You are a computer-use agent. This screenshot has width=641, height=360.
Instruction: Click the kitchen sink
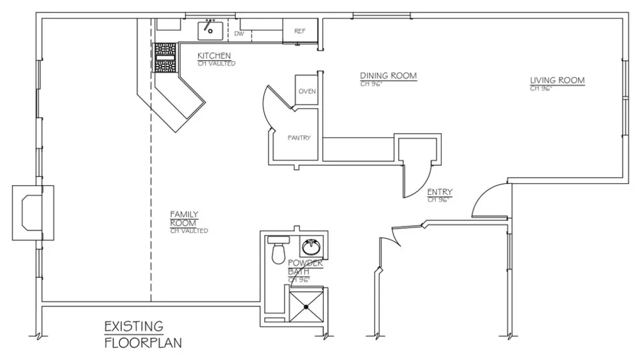point(210,31)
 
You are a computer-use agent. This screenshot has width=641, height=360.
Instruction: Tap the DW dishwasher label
point(239,33)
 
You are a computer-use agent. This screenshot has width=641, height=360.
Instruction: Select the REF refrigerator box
point(299,30)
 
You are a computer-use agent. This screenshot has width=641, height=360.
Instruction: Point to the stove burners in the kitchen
point(165,58)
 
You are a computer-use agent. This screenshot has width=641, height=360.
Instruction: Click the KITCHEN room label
point(214,56)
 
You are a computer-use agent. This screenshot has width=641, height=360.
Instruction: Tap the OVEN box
point(306,90)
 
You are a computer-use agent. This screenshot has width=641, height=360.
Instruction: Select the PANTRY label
point(299,138)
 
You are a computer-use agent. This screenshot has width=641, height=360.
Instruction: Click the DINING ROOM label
point(388,76)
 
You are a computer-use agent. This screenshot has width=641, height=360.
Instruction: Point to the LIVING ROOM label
point(557,80)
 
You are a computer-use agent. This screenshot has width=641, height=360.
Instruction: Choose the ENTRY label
point(440,192)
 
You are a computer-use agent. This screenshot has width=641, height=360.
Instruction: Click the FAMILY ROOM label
point(184,218)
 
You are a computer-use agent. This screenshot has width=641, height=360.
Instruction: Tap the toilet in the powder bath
point(278,250)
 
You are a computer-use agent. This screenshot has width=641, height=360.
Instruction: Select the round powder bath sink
point(312,247)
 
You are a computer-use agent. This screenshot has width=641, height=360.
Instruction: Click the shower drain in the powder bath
point(306,307)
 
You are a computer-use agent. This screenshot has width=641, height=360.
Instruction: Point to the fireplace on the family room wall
point(33,213)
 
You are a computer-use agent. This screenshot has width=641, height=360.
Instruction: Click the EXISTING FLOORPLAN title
point(143,334)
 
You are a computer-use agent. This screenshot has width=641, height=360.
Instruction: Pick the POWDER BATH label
point(305,267)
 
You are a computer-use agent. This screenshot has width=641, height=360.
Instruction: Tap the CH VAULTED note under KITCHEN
point(216,64)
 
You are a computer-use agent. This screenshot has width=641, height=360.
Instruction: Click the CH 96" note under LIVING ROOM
point(541,88)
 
